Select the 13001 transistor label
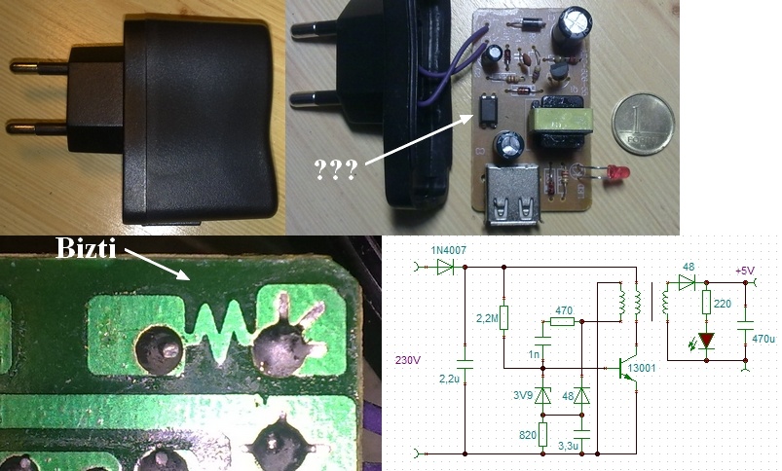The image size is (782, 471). click(643, 369)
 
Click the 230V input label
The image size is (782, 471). click(409, 356)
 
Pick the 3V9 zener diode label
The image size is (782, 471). click(523, 397)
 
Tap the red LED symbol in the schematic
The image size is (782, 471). click(706, 341)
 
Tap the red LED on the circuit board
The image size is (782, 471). click(615, 176)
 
